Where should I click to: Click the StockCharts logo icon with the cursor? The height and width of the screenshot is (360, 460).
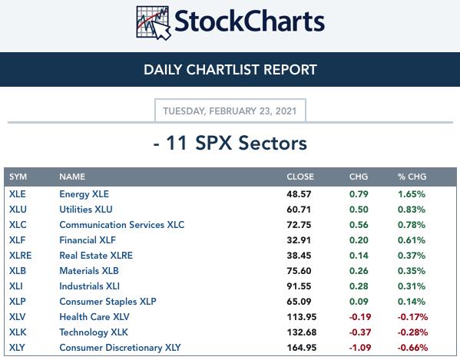(154, 23)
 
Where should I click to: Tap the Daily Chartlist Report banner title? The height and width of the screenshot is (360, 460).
(230, 70)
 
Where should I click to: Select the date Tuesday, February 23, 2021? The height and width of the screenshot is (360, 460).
(230, 111)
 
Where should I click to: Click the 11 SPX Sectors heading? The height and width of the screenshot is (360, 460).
(230, 143)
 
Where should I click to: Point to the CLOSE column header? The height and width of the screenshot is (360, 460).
(300, 177)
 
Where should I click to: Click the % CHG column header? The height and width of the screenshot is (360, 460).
(412, 177)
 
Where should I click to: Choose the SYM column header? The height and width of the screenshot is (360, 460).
(18, 177)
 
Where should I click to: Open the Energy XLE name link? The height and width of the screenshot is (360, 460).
(84, 194)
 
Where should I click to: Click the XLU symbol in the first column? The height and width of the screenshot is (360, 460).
(18, 210)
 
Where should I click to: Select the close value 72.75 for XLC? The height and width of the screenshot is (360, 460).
(299, 225)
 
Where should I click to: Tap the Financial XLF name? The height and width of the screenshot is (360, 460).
(88, 240)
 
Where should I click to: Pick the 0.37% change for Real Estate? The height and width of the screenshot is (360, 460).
(412, 256)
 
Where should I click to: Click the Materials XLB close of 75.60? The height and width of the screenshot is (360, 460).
(299, 271)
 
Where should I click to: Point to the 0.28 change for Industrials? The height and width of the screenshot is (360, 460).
(359, 286)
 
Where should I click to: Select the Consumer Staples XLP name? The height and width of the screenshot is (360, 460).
(108, 302)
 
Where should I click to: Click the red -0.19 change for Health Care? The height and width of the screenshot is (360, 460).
(360, 317)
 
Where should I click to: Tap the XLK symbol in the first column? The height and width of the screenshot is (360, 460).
(18, 332)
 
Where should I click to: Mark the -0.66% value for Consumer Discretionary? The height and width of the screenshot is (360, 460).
(412, 348)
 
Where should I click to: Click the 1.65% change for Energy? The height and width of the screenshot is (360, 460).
(412, 194)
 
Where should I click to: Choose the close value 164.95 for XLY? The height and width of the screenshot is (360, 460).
(302, 348)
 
